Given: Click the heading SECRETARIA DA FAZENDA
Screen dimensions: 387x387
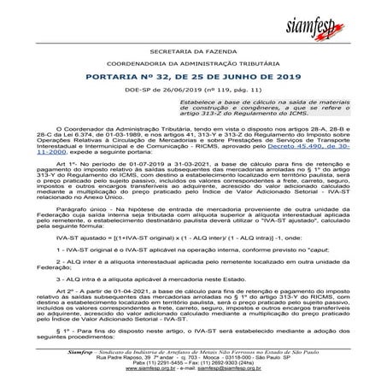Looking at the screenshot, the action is coord(193,52).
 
